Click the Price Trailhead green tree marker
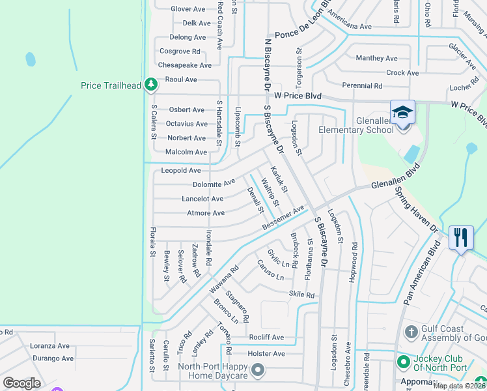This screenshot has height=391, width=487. [x=151, y=85]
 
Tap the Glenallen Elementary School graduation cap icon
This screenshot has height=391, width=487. [x=402, y=111]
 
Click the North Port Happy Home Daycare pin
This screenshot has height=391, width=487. [x=258, y=370]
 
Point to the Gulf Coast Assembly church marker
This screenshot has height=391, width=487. [x=410, y=333]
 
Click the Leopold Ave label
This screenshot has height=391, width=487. [x=180, y=170]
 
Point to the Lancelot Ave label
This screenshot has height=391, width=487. [x=202, y=199]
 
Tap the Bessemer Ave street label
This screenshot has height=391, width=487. [x=283, y=218]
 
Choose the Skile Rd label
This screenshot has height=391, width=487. [x=301, y=295]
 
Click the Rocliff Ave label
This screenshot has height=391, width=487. [x=266, y=337]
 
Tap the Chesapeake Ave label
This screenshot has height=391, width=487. [x=185, y=65]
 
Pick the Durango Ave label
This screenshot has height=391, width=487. [x=53, y=358]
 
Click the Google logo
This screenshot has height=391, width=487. [x=21, y=383]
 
